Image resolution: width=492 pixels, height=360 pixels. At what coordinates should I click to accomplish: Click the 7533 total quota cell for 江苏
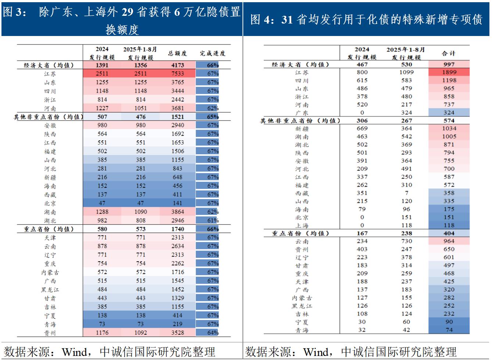click(177, 73)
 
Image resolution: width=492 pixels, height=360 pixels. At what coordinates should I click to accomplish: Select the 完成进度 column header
click(212, 53)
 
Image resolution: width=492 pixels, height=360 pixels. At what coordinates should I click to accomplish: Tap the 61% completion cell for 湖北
click(213, 220)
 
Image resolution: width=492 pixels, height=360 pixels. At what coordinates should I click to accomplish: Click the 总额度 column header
click(177, 53)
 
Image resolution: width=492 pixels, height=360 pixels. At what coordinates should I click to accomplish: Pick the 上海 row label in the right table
click(302, 225)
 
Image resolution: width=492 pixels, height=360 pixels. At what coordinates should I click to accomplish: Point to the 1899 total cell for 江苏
click(449, 72)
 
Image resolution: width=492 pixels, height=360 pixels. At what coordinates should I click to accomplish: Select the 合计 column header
click(449, 53)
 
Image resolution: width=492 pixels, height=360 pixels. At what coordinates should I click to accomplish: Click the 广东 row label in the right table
click(302, 113)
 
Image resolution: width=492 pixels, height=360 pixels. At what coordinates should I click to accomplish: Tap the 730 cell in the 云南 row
click(406, 241)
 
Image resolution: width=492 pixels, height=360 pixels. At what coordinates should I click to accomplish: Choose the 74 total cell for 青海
click(449, 330)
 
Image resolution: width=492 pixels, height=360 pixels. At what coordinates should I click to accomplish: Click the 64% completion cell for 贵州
click(213, 333)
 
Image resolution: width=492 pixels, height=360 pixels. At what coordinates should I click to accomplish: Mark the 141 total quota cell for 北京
click(177, 203)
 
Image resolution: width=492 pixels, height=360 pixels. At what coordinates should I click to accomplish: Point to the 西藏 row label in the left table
click(50, 195)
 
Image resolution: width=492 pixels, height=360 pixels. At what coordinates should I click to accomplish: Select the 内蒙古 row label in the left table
click(50, 272)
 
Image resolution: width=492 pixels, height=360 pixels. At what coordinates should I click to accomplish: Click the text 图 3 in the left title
click(14, 12)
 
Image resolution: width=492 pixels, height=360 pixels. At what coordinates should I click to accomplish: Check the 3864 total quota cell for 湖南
click(177, 212)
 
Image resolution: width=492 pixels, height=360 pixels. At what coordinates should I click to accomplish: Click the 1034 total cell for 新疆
click(449, 129)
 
